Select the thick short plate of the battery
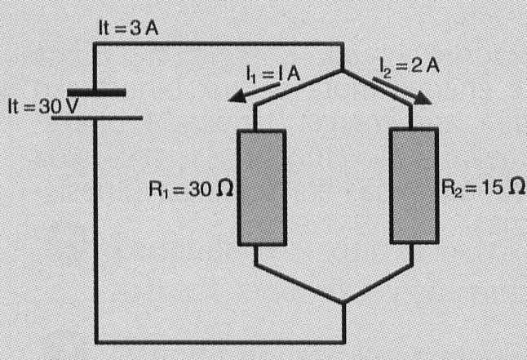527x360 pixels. (x=96, y=92)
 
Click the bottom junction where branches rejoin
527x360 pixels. (x=342, y=303)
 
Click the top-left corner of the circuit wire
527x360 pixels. (x=96, y=42)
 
